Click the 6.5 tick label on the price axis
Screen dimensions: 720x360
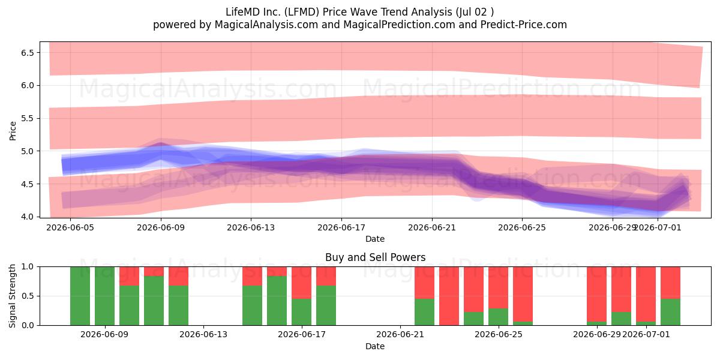28,52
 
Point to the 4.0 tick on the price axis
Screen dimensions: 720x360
28,217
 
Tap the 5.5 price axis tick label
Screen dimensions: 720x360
28,118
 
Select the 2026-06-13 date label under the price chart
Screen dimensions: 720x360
251,227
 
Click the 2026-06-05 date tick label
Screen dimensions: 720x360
70,227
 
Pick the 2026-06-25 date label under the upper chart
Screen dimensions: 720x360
522,227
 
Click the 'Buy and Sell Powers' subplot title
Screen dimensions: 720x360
375,257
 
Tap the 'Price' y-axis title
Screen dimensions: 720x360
13,131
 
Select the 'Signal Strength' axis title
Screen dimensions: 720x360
12,296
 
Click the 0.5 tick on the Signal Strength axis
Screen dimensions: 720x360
28,296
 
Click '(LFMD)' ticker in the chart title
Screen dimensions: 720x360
301,12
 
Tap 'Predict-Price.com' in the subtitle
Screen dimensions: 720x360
524,25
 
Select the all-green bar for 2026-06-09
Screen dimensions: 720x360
105,296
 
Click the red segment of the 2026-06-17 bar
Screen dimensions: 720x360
301,283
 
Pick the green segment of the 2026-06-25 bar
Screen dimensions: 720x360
498,317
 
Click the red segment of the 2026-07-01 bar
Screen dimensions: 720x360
646,294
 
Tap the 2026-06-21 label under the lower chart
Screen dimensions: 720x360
400,334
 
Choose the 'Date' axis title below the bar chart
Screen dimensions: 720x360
375,346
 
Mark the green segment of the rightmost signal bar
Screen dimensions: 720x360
671,312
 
